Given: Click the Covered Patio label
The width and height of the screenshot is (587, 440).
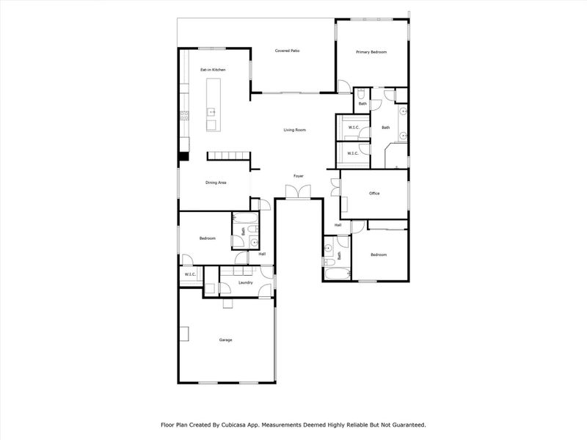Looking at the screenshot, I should (287, 51).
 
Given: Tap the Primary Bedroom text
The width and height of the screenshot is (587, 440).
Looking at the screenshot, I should (371, 52).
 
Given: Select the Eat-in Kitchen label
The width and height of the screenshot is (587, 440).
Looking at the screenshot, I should (213, 70).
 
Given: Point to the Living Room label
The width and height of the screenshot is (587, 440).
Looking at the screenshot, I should (294, 130).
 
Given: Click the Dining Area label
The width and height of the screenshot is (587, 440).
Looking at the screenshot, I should (215, 183).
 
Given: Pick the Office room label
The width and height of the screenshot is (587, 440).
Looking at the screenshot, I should (373, 194).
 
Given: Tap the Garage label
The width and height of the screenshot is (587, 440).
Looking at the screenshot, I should (225, 340).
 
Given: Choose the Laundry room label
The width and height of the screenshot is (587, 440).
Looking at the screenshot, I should (246, 282).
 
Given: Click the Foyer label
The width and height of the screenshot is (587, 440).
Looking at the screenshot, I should (299, 176).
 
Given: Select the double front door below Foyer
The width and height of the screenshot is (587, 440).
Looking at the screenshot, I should (298, 192).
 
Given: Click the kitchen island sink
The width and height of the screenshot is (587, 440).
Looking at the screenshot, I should (211, 112).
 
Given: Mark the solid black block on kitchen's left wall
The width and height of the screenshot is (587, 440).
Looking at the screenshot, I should (183, 155).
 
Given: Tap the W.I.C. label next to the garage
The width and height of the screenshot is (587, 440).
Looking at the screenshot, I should (189, 274).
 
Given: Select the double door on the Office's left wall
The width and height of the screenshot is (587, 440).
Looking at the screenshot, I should (335, 186).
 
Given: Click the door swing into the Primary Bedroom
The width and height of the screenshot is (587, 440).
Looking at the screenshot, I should (343, 86).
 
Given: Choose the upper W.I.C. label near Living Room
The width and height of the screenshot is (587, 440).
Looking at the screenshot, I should (352, 128).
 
